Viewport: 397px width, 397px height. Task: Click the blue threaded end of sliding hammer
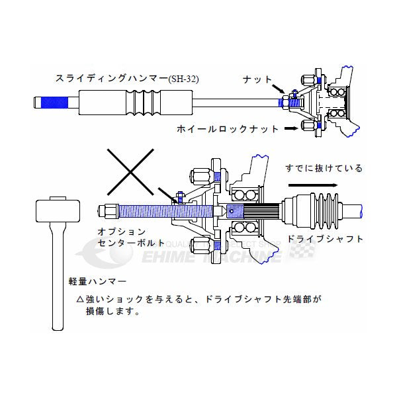tap(53, 103)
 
